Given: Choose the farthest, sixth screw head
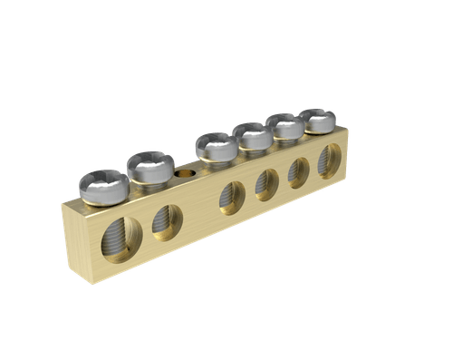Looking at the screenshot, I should click(317, 118).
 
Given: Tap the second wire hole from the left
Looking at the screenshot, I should click(167, 220).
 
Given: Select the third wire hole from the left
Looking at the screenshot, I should click(232, 197).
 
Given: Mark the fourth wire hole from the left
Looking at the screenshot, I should click(267, 183).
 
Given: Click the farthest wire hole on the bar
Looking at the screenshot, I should click(330, 160).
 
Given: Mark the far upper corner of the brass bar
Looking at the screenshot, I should click(349, 130).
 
